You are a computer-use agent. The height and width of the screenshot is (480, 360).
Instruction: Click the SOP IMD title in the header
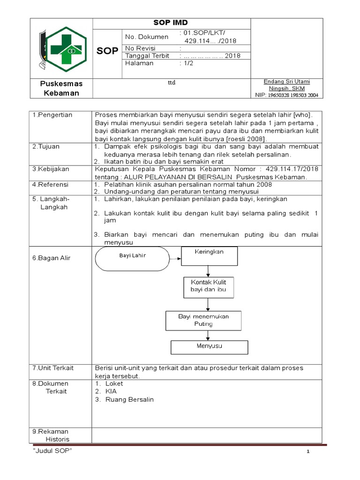click(x=171, y=23)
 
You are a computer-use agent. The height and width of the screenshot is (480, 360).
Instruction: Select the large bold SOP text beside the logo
click(x=107, y=51)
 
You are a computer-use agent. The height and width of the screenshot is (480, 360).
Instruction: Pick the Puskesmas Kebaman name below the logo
click(x=61, y=88)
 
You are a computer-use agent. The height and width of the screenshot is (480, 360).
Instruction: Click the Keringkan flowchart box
click(x=209, y=255)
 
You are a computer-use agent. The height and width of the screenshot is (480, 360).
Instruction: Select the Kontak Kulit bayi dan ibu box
click(x=209, y=286)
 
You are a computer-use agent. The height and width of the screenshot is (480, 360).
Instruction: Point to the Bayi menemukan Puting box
click(x=203, y=320)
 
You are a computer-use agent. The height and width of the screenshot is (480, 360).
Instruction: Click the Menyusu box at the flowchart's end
click(x=209, y=346)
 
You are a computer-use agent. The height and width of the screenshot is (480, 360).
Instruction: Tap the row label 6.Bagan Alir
click(x=52, y=258)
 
